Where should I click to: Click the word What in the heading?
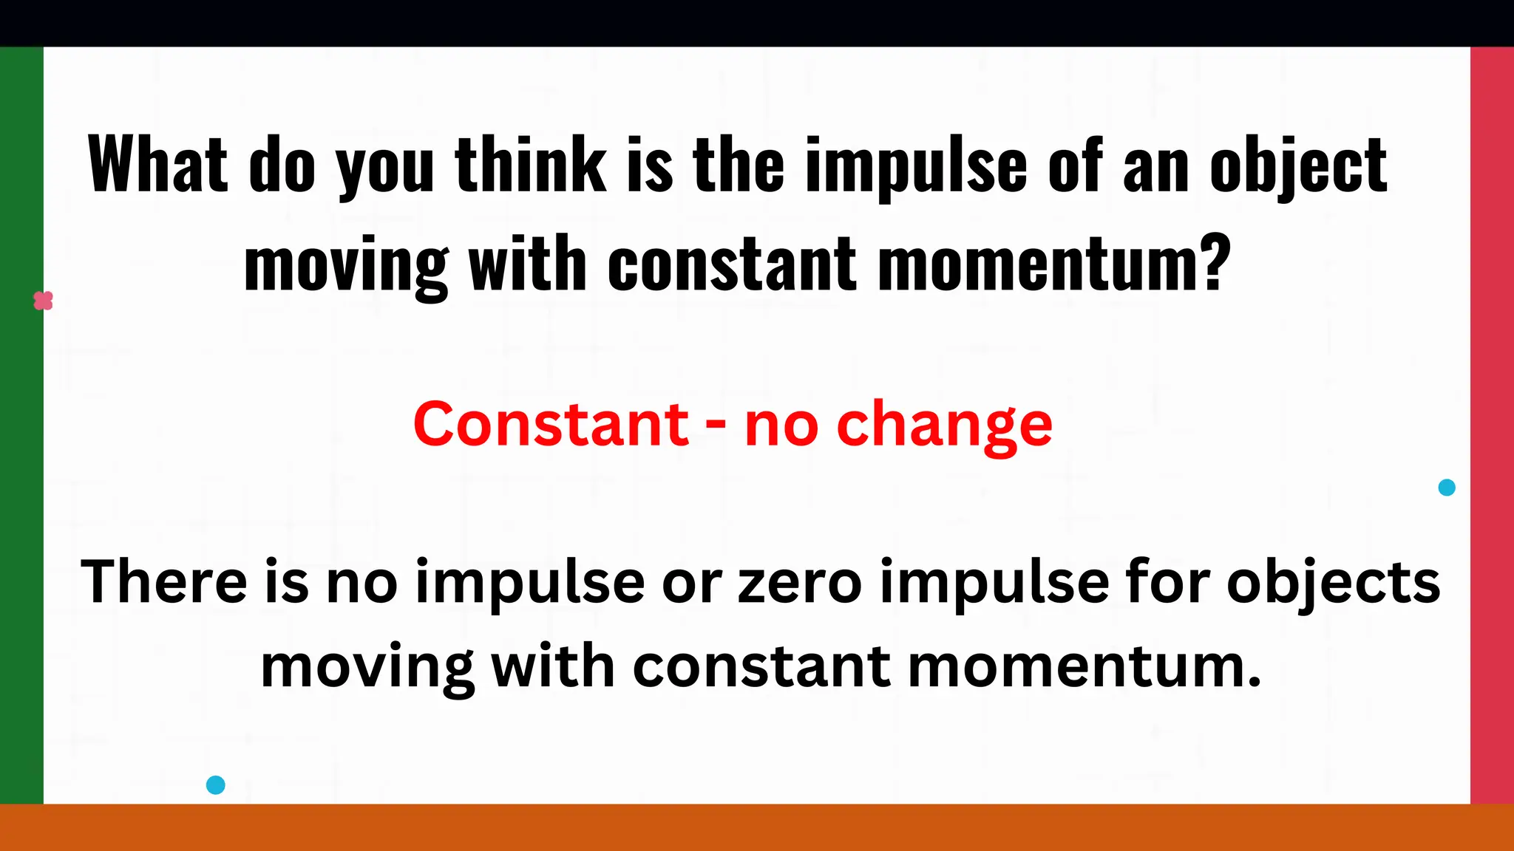157,165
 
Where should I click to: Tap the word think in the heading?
530,165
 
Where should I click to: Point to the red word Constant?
551,424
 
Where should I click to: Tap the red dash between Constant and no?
716,426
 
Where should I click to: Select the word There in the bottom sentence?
163,582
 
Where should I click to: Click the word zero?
800,582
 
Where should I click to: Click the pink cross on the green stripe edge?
44,301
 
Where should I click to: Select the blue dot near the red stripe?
1447,488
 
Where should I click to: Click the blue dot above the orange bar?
215,785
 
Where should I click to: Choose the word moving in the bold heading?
346,266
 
